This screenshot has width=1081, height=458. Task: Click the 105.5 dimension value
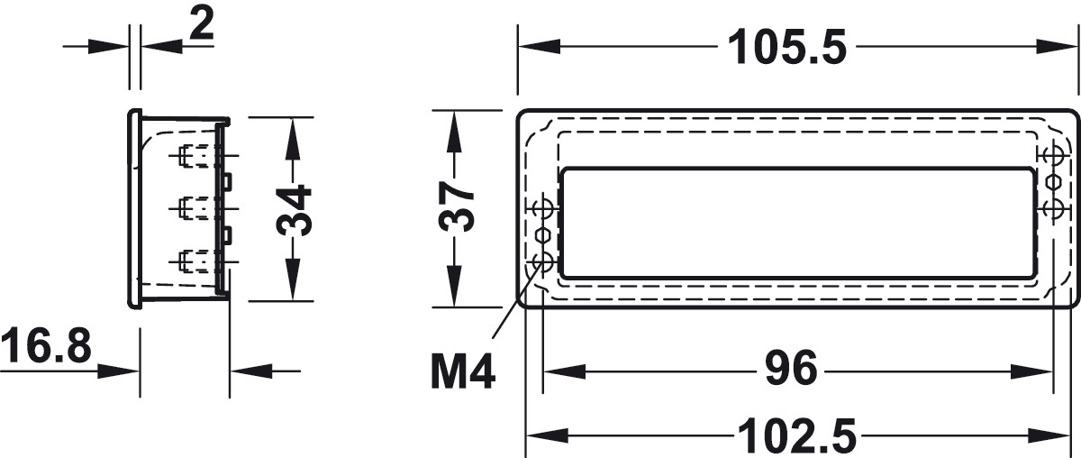(787, 47)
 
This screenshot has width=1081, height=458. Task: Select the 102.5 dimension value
(797, 436)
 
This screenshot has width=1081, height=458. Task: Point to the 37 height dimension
(456, 206)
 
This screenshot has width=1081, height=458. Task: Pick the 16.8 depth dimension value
(46, 345)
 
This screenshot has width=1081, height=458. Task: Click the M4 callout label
(463, 371)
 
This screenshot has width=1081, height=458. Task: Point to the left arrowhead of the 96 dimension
(565, 372)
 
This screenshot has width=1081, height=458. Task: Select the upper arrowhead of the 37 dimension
(454, 133)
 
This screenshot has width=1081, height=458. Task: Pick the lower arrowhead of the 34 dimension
(293, 279)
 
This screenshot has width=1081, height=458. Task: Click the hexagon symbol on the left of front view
(542, 236)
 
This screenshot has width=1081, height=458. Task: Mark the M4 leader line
(516, 300)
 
